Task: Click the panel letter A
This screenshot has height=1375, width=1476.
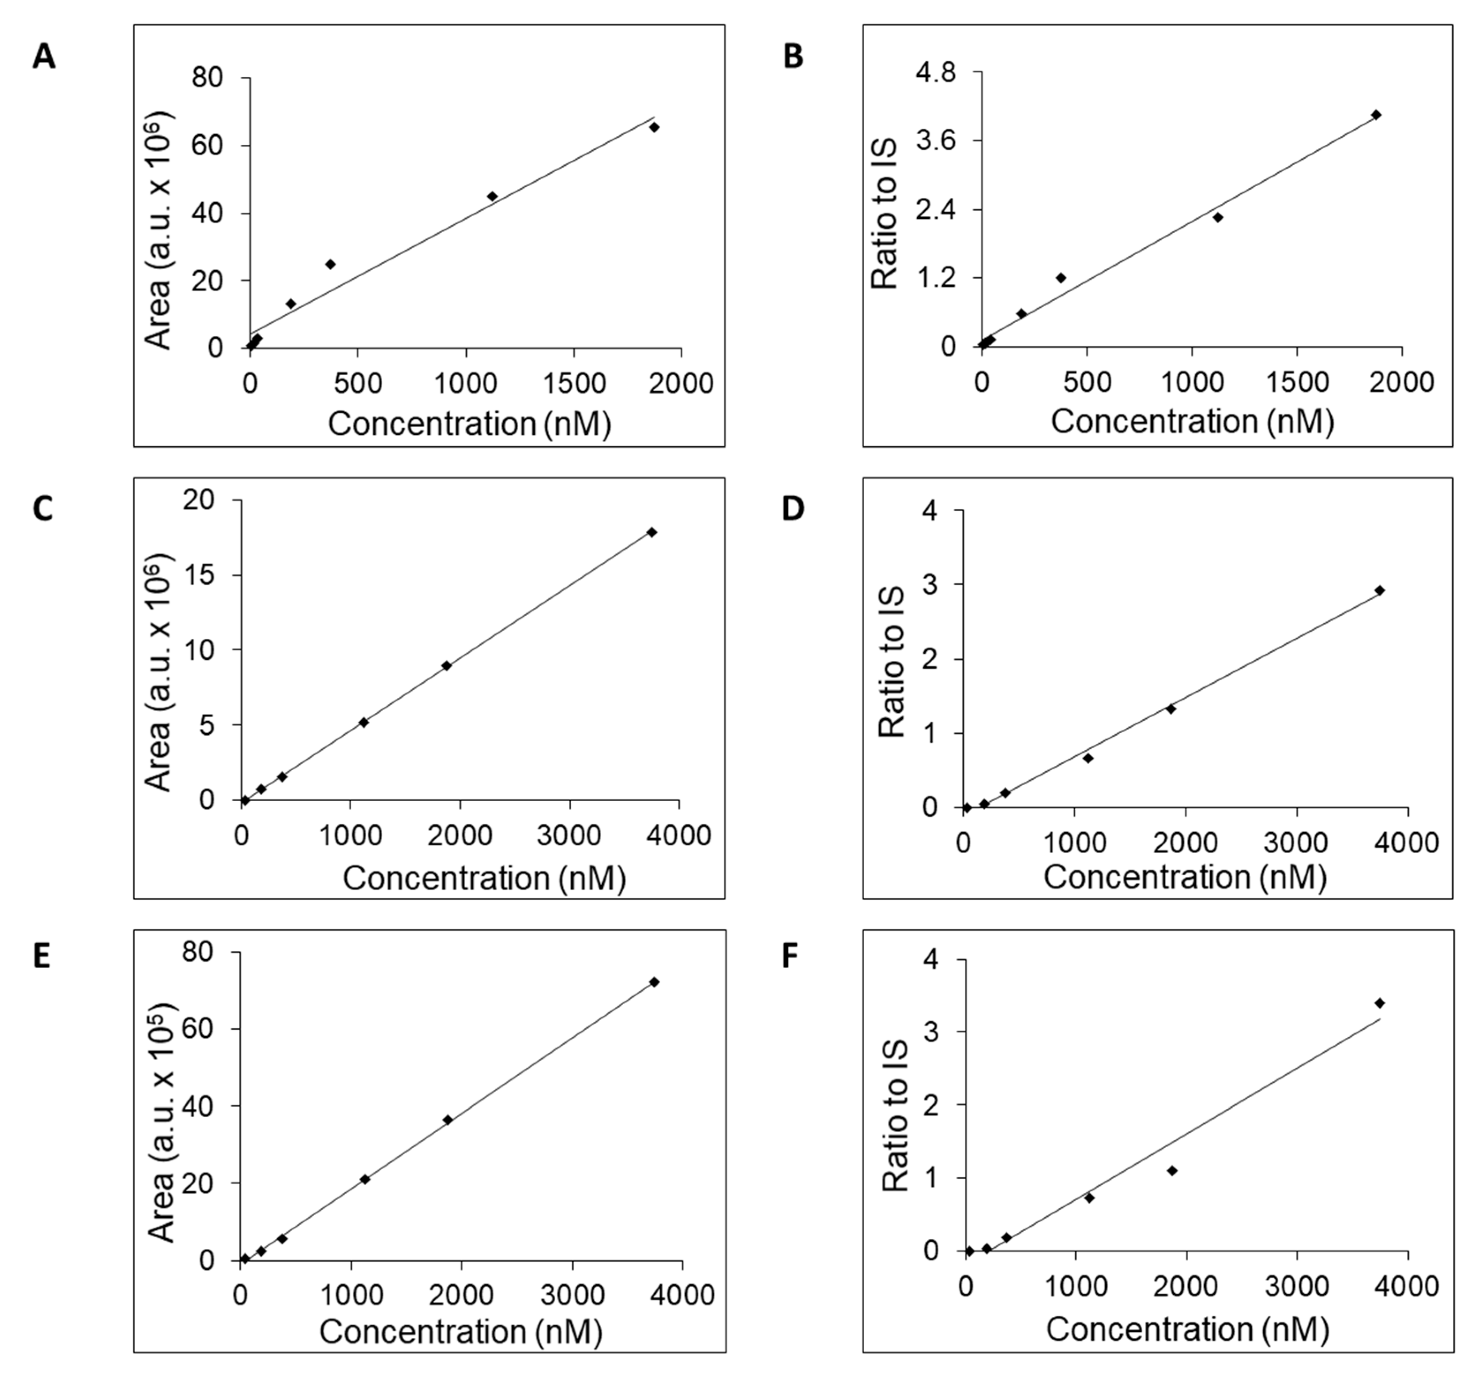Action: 44,57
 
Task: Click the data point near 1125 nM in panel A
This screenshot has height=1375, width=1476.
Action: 492,196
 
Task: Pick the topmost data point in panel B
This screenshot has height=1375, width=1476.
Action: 1376,114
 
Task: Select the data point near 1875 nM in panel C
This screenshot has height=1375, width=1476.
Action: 446,665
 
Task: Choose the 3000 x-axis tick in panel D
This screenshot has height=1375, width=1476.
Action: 1295,842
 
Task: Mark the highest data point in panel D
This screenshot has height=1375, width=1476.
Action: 1379,590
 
